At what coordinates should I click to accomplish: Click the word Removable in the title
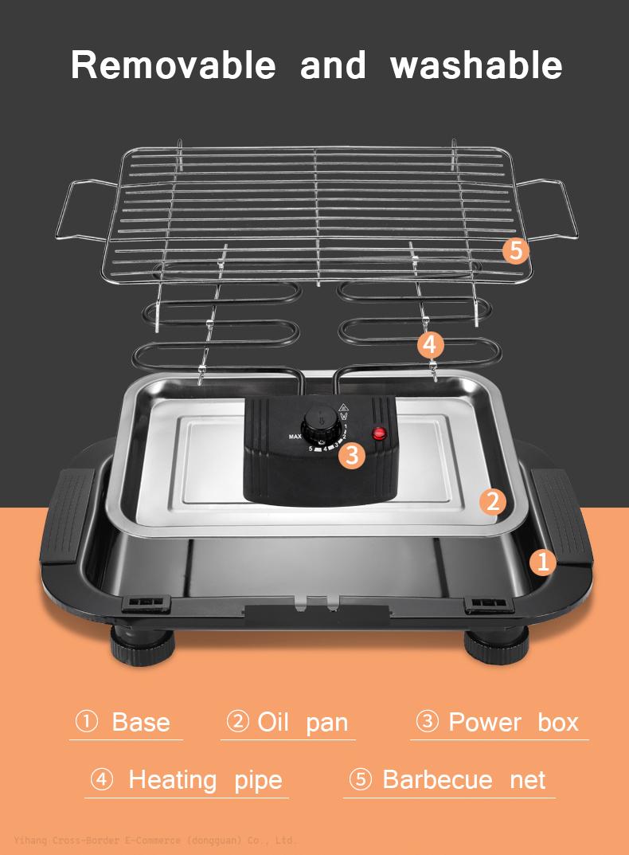(x=173, y=65)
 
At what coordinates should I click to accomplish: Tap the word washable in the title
(x=476, y=65)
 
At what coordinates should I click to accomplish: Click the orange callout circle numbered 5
(x=516, y=250)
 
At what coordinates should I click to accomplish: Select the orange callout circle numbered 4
(x=430, y=345)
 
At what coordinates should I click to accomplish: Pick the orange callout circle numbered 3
(x=351, y=455)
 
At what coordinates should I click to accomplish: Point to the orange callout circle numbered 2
(x=493, y=501)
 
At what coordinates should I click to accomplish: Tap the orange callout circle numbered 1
(x=543, y=562)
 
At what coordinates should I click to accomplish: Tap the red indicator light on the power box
(x=379, y=433)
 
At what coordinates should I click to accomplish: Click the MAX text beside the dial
(x=295, y=437)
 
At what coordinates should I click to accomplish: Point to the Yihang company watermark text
(x=154, y=840)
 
